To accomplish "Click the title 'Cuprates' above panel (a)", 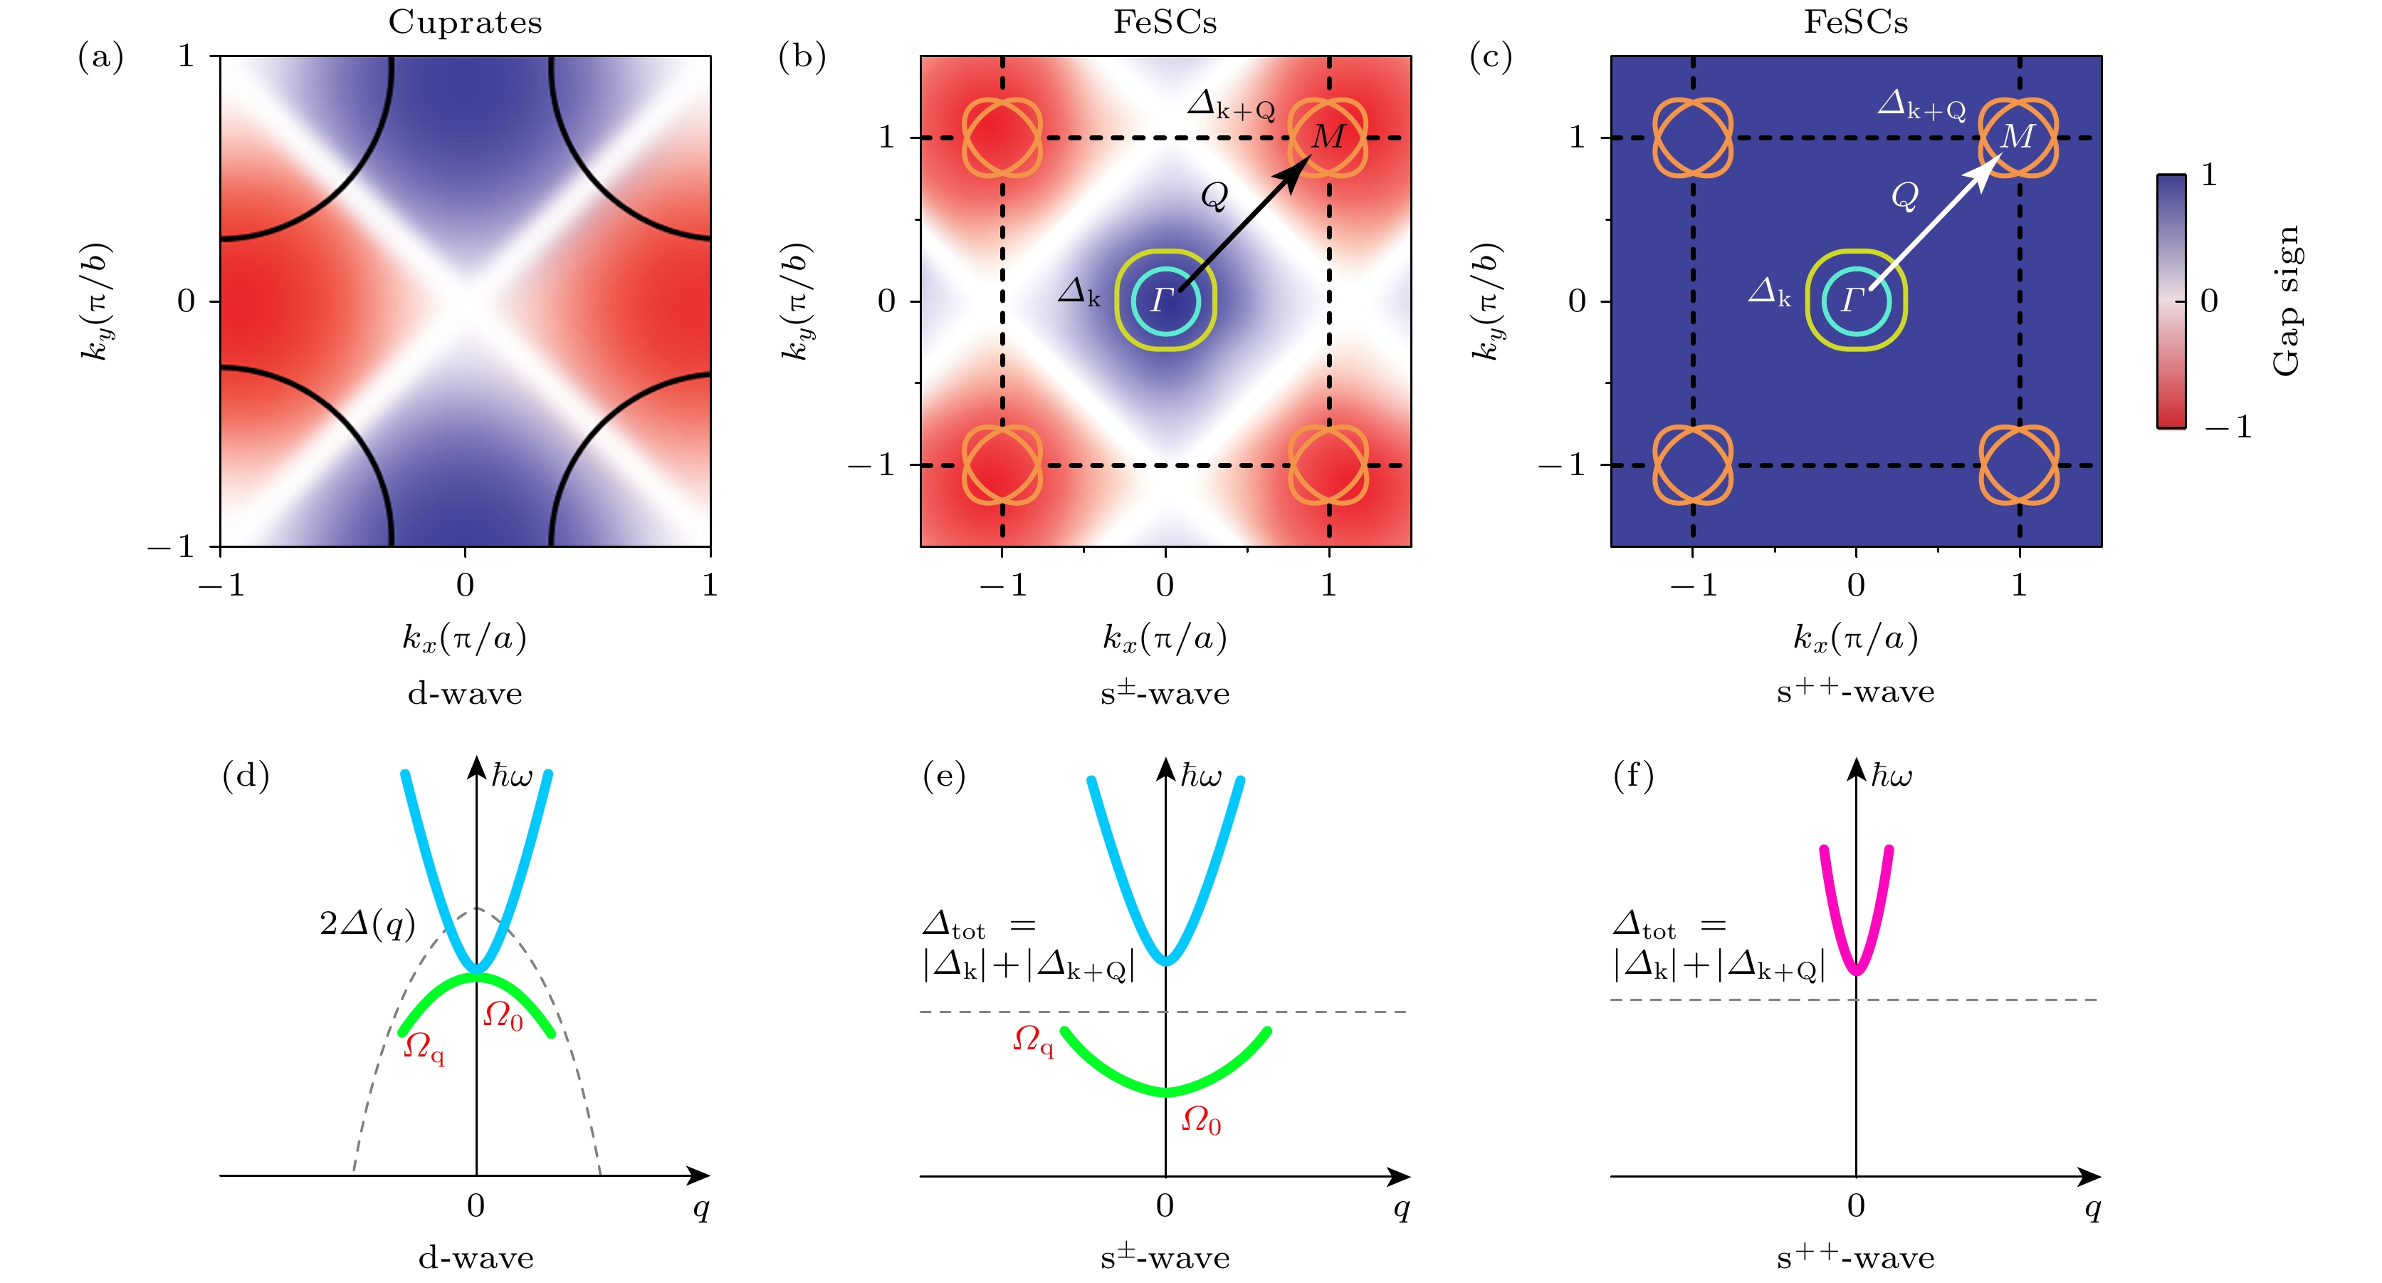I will click(464, 21).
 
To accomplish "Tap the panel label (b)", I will click(802, 58).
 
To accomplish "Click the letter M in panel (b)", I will click(1328, 137).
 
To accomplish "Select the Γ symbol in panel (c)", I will click(1852, 300).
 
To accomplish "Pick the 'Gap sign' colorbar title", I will click(2285, 301).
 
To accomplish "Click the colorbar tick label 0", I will click(2209, 301).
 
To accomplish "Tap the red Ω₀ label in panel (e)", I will click(1201, 1121).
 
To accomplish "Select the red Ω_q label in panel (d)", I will click(424, 1048).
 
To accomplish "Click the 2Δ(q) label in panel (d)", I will click(367, 923).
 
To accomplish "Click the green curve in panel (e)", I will click(1166, 1091).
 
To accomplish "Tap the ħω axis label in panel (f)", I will click(1891, 775).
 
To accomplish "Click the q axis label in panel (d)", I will click(701, 1207).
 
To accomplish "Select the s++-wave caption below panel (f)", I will click(1855, 1258).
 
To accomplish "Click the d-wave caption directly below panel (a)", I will click(464, 693).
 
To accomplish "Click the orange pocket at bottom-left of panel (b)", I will click(1002, 464).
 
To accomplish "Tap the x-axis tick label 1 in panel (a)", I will click(709, 585).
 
